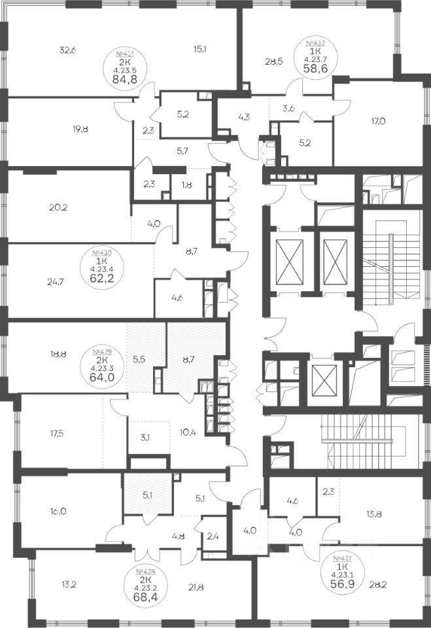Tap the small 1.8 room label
pyautogui.click(x=186, y=186)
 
